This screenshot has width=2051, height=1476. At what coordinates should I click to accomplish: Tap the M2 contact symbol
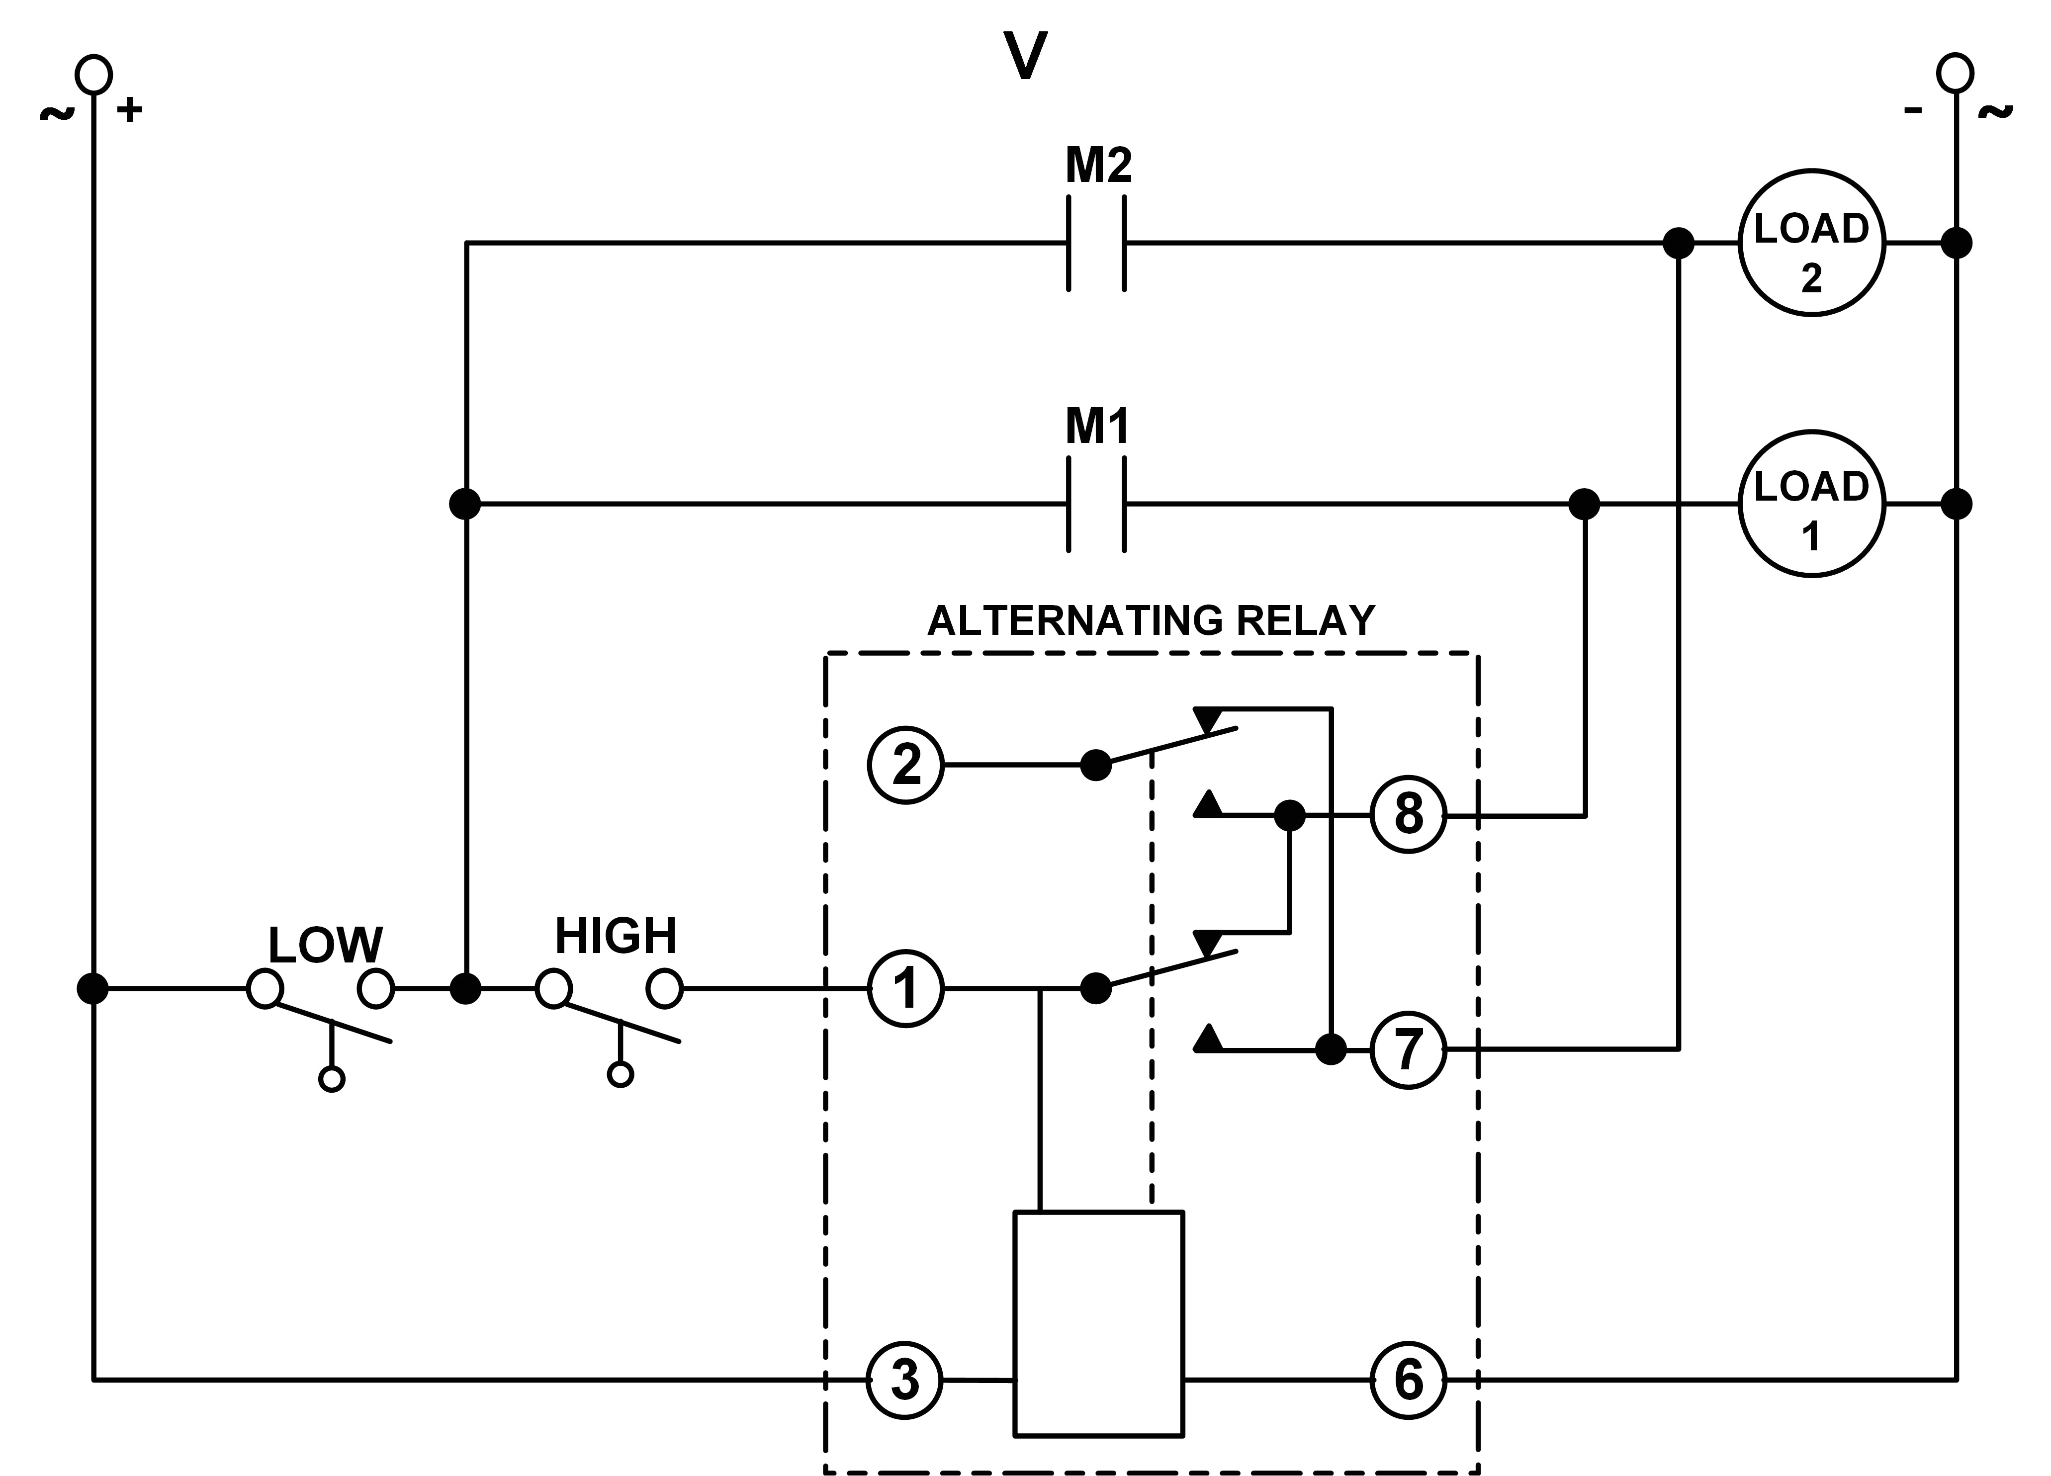[1096, 243]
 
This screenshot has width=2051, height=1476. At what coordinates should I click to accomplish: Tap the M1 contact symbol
[1096, 504]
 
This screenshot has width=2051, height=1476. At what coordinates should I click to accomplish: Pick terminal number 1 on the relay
[905, 988]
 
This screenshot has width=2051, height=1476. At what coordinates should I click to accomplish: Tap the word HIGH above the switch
[616, 936]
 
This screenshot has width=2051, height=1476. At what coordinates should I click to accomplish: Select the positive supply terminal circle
[93, 74]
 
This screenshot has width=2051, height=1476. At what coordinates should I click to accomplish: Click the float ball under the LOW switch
[332, 1079]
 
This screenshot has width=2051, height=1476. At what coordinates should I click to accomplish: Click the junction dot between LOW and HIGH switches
[465, 988]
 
